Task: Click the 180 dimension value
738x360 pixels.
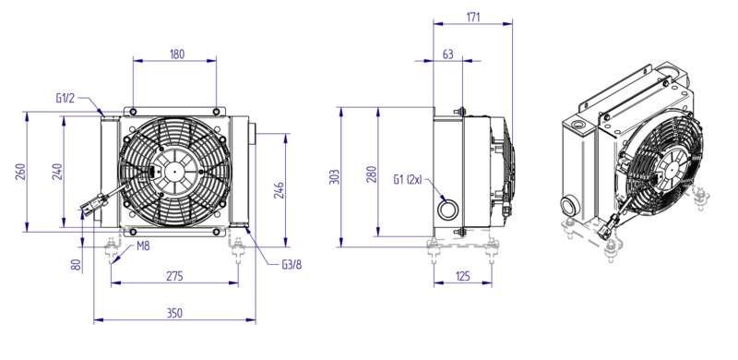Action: pos(176,54)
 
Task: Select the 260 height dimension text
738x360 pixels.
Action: pos(20,172)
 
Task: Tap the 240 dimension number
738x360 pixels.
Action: pos(57,172)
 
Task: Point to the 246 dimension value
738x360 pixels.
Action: pos(279,190)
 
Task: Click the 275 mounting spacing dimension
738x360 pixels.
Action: pos(174,276)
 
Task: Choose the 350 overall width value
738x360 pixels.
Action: pos(174,313)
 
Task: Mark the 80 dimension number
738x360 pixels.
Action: pos(77,265)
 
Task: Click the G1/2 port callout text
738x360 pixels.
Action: pos(65,98)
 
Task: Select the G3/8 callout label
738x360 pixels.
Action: pos(292,264)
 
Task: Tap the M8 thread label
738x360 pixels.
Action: pos(144,246)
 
